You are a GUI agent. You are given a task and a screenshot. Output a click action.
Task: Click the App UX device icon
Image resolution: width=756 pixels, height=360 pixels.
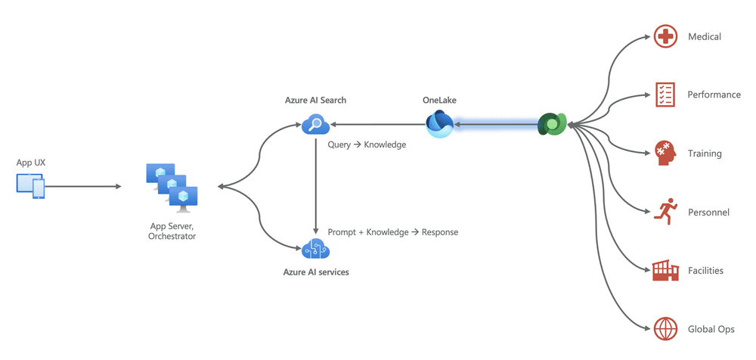tap(31, 186)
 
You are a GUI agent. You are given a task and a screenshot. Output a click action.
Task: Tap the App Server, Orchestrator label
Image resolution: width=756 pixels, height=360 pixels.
tap(172, 231)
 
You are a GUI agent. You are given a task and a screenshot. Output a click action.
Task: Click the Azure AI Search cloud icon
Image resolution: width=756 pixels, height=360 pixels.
tap(314, 124)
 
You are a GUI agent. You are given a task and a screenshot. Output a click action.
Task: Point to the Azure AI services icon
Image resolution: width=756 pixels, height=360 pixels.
tap(314, 248)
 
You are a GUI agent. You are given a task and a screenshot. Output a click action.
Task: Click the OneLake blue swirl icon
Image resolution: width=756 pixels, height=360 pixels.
tap(438, 124)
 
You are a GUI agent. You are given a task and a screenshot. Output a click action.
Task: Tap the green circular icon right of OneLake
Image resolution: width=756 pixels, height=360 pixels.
tap(552, 124)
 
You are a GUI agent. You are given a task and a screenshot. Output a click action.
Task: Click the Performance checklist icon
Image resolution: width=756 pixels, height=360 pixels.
tap(664, 95)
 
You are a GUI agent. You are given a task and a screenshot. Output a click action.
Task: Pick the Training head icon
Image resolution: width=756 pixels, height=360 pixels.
tap(664, 153)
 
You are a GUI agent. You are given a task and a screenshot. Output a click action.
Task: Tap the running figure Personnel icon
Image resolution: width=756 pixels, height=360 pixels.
tap(664, 212)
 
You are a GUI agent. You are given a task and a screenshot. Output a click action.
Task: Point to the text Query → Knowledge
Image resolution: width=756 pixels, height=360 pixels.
tap(367, 144)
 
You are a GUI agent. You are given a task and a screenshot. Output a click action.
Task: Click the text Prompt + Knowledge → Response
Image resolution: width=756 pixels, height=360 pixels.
tap(392, 232)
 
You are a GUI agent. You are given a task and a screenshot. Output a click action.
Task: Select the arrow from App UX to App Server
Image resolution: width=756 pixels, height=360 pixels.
tap(83, 186)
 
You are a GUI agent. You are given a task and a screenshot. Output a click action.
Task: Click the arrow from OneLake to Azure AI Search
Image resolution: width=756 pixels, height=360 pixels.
tap(378, 124)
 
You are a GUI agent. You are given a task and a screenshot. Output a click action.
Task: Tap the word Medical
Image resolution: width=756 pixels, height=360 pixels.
tap(704, 36)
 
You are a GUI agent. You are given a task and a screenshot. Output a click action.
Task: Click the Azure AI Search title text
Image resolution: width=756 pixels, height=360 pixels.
tap(315, 100)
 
